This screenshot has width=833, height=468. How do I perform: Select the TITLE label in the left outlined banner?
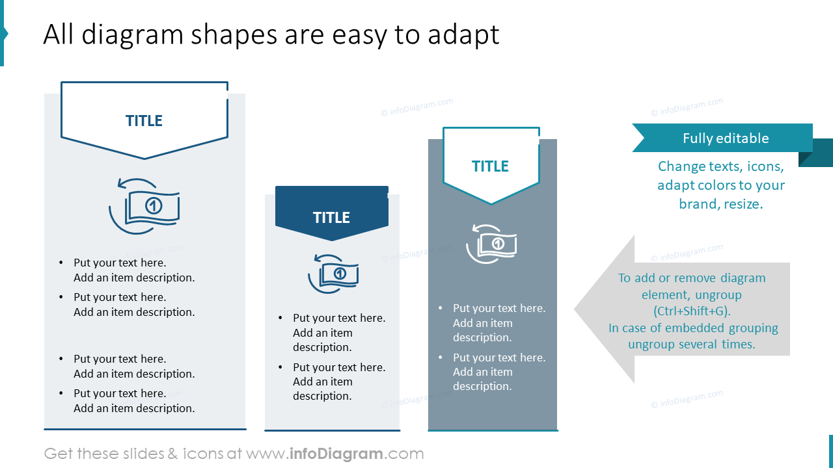pyautogui.click(x=144, y=121)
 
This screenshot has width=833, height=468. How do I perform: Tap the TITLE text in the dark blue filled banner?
pyautogui.click(x=331, y=218)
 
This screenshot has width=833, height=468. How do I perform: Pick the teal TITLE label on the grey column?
pyautogui.click(x=490, y=166)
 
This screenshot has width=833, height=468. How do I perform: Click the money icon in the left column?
pyautogui.click(x=144, y=206)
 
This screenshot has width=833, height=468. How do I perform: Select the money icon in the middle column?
pyautogui.click(x=333, y=274)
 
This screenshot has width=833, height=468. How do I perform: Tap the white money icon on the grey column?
pyautogui.click(x=491, y=244)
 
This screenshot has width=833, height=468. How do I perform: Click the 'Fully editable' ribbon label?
pyautogui.click(x=725, y=138)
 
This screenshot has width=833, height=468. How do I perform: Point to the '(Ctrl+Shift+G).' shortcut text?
pyautogui.click(x=692, y=311)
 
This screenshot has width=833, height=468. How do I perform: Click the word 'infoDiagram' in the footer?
pyautogui.click(x=335, y=454)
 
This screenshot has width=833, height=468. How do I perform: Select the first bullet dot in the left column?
pyautogui.click(x=61, y=263)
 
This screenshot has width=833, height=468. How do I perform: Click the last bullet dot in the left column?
pyautogui.click(x=61, y=394)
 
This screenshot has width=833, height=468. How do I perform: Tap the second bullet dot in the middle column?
pyautogui.click(x=280, y=368)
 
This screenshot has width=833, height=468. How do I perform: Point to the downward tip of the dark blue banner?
pyautogui.click(x=332, y=239)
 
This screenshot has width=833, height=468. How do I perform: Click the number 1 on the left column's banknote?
pyautogui.click(x=154, y=206)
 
